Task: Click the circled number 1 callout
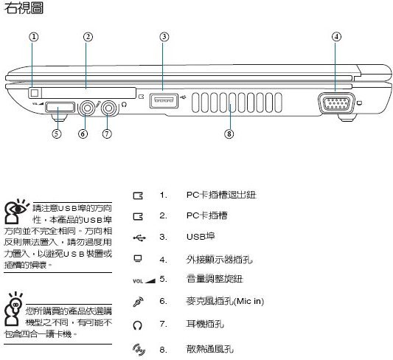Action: pos(34,37)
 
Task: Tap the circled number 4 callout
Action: pos(336,37)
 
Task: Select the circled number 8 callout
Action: pos(229,134)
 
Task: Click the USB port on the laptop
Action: pos(164,101)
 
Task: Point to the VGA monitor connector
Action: pos(336,103)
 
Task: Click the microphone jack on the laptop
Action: pos(87,108)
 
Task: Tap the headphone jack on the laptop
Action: pos(109,108)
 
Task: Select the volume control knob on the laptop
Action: pos(60,107)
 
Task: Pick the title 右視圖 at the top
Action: pos(24,8)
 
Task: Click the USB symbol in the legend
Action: pos(139,238)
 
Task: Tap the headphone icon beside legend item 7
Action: pos(138,325)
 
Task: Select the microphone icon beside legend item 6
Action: pos(138,302)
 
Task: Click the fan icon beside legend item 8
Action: pos(139,350)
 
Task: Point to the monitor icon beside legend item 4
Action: pos(138,259)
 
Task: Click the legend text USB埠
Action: pos(201,237)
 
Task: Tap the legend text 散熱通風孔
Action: pos(210,349)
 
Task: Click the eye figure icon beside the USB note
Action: pos(15,211)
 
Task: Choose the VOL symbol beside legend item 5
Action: pos(144,281)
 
